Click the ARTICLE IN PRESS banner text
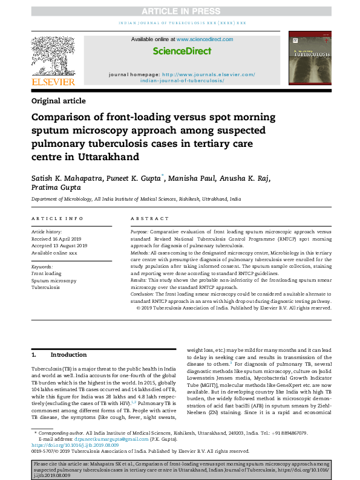tap(180, 11)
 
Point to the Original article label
tap(59, 101)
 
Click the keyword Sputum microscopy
tap(54, 281)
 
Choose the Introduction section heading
tap(68, 354)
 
